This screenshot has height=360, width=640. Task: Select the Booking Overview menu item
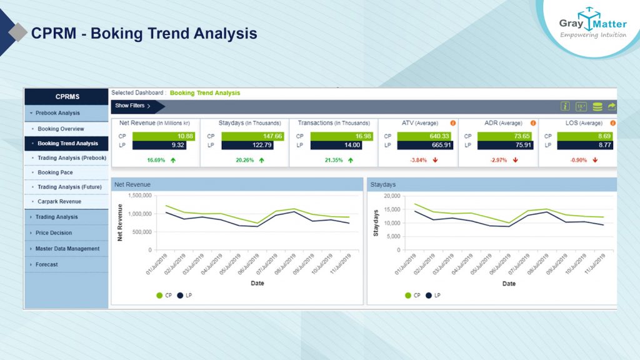pyautogui.click(x=61, y=129)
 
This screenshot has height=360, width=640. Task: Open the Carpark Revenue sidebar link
pyautogui.click(x=59, y=201)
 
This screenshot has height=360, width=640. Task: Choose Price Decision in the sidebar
pyautogui.click(x=54, y=232)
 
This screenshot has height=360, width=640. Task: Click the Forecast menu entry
pyautogui.click(x=46, y=264)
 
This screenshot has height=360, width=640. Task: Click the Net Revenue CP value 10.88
pyautogui.click(x=164, y=136)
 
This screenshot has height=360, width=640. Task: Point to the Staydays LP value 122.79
pyautogui.click(x=253, y=145)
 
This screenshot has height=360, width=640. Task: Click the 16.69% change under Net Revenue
pyautogui.click(x=156, y=160)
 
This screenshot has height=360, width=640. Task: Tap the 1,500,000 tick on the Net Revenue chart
pyautogui.click(x=139, y=195)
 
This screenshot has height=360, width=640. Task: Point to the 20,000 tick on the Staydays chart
pyautogui.click(x=391, y=195)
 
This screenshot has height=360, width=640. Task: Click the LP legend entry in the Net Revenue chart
pyautogui.click(x=184, y=295)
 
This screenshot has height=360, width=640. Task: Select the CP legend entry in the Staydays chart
pyautogui.click(x=413, y=295)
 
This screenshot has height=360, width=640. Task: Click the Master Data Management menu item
pyautogui.click(x=67, y=249)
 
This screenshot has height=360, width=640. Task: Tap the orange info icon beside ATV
pyautogui.click(x=452, y=123)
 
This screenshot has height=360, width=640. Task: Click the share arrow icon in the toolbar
pyautogui.click(x=611, y=106)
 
